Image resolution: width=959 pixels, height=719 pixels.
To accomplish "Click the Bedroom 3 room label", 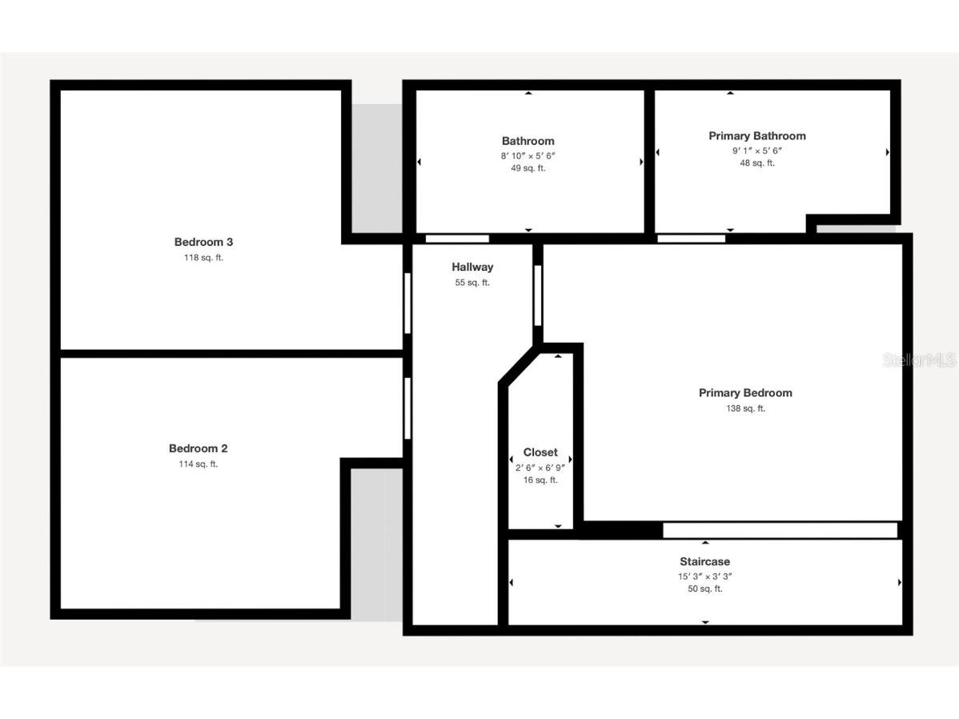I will pos(203,242).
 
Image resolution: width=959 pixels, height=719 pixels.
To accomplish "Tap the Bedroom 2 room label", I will pos(198,448).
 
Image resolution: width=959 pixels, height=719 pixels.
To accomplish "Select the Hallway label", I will pos(472,267).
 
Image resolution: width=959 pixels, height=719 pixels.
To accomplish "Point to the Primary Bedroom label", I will pos(745,392).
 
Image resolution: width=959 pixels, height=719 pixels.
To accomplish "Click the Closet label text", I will pos(540,452).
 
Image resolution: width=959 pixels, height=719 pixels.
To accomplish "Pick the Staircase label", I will pos(704,561).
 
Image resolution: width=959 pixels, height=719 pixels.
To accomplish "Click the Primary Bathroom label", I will pos(756,136).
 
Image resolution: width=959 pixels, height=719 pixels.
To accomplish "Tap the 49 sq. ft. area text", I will pos(528,168).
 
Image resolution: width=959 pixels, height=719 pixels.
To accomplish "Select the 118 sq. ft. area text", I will pos(203,258).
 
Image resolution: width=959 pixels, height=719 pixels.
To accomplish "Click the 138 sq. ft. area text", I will pos(745,408).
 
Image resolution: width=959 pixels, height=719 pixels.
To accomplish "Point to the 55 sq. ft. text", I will pos(472,283).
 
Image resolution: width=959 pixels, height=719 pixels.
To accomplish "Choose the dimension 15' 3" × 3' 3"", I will pos(704,576).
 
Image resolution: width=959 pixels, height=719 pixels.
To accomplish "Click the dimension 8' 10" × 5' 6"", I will pos(528,155).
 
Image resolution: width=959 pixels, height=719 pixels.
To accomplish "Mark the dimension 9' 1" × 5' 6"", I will pos(756,150).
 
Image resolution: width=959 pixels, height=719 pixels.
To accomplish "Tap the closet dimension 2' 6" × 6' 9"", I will pos(540,467).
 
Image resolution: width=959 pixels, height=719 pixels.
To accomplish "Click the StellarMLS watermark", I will pos(920,360).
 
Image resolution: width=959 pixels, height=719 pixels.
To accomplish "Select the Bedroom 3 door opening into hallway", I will pos(407,303).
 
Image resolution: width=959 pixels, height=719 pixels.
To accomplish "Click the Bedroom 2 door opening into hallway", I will pos(407,408).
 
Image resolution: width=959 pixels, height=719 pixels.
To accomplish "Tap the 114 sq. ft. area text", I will pos(198,464).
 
